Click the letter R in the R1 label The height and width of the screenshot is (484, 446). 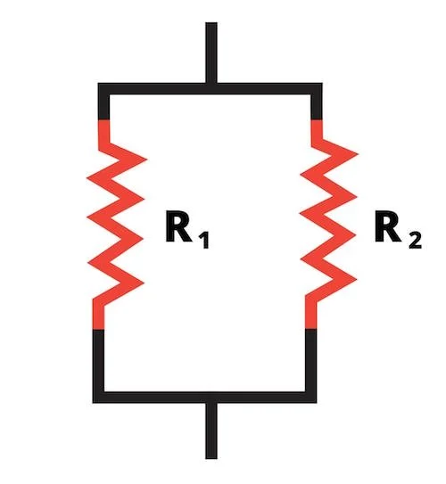click(x=178, y=226)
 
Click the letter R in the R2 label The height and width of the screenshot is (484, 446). click(x=387, y=226)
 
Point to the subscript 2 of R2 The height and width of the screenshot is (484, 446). click(x=415, y=240)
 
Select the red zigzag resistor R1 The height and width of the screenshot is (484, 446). click(x=115, y=224)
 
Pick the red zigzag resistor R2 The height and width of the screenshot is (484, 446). click(x=328, y=224)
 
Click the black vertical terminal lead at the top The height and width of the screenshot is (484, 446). click(x=211, y=53)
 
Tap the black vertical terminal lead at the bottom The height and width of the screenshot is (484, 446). click(x=211, y=431)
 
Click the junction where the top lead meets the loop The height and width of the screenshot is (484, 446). click(x=211, y=88)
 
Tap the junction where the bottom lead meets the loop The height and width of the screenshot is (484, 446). click(x=211, y=398)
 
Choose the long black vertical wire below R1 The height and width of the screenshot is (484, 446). click(x=98, y=360)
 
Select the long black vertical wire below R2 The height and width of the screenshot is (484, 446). click(x=311, y=360)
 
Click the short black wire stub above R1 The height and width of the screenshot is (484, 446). click(x=103, y=107)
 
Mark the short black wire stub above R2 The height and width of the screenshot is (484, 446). click(x=317, y=107)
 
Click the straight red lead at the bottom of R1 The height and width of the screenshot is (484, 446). click(x=98, y=317)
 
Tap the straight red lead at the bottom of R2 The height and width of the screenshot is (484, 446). click(x=311, y=316)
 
